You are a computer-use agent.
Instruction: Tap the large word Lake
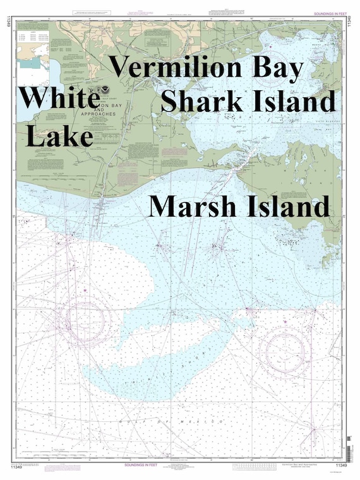click(x=60, y=135)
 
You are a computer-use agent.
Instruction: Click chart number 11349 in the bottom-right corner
click(x=340, y=467)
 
